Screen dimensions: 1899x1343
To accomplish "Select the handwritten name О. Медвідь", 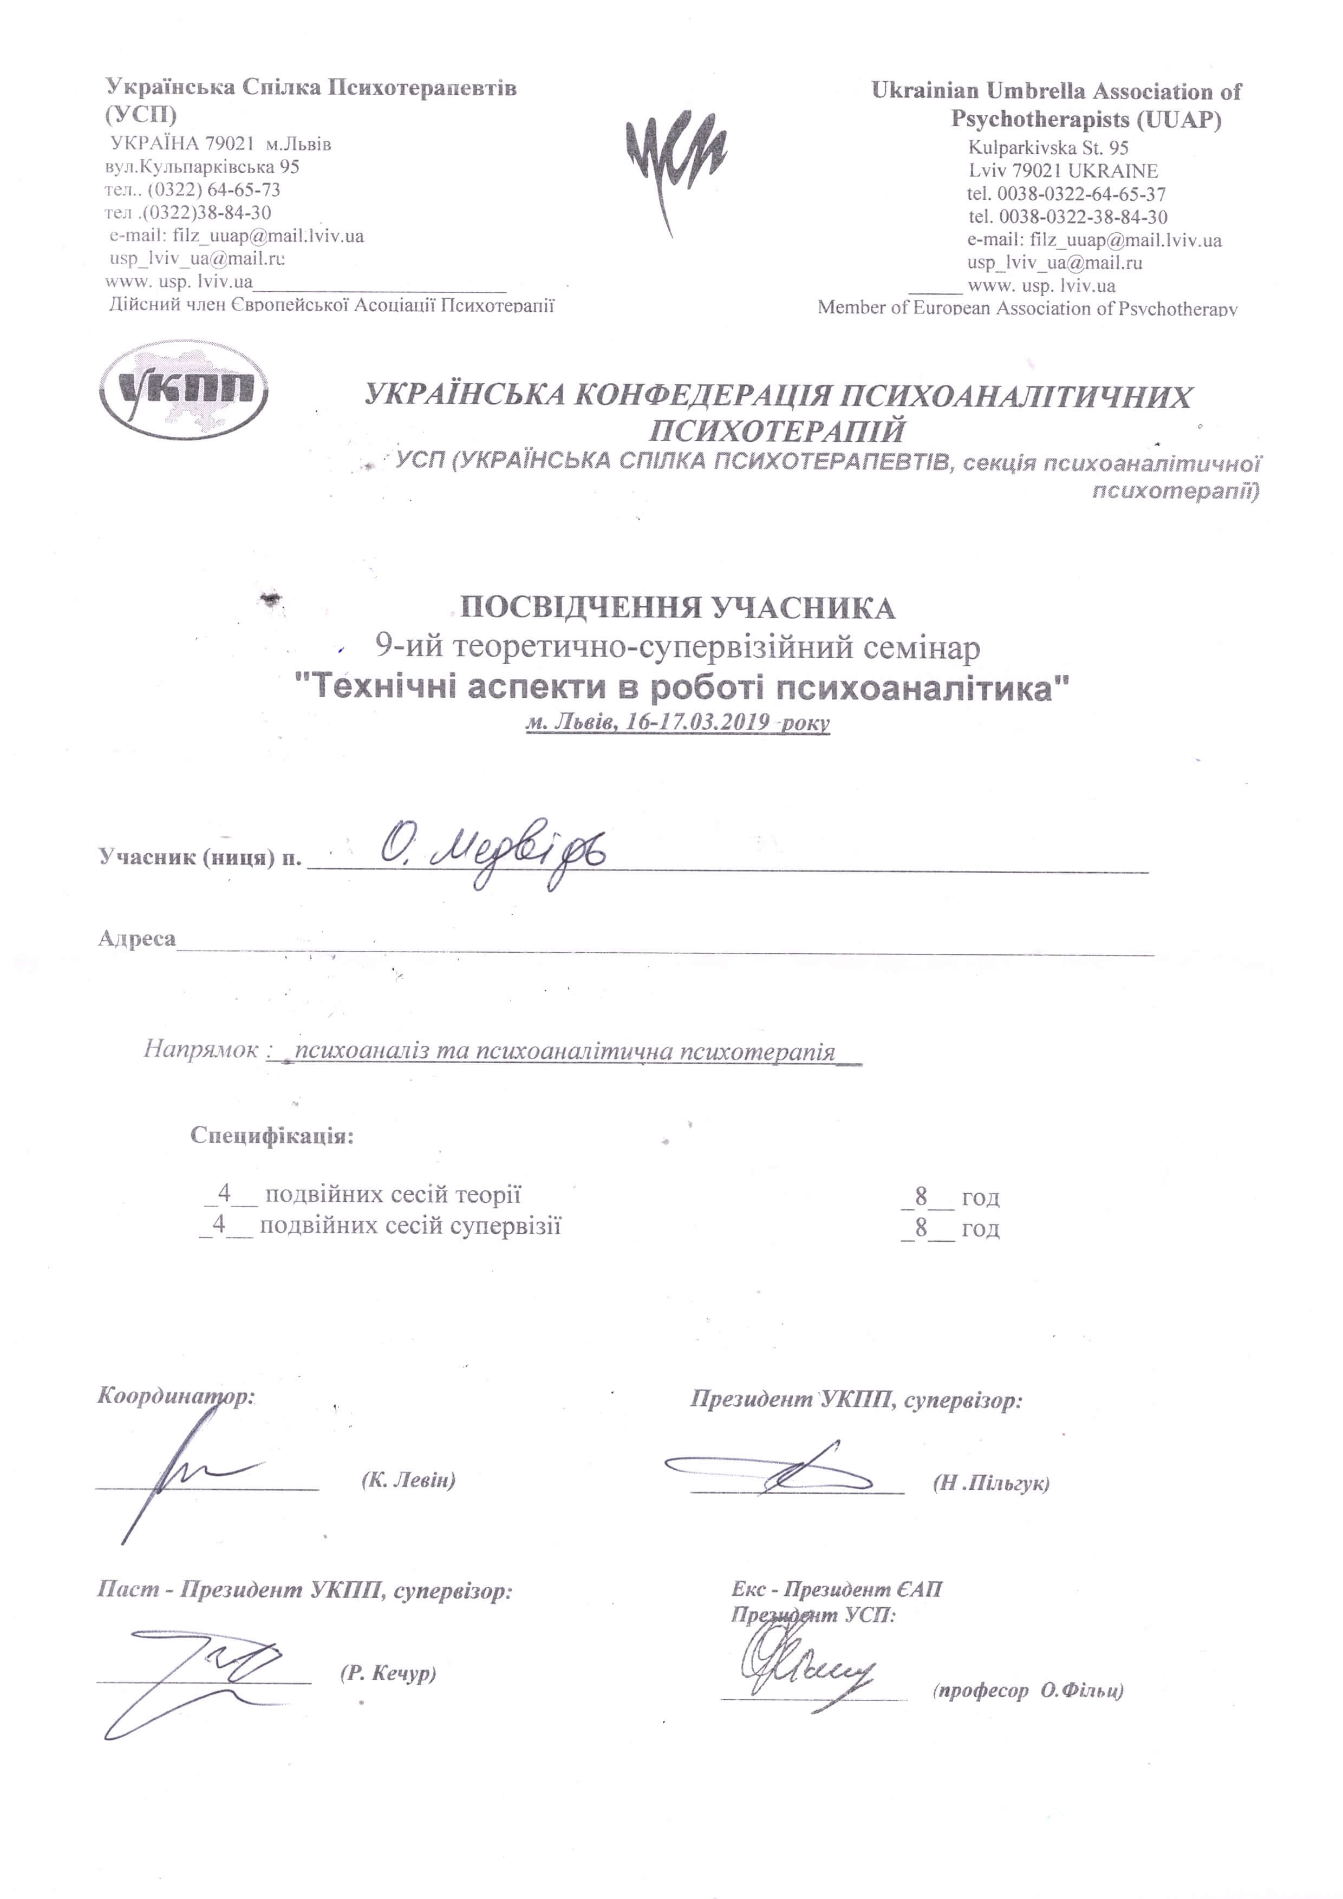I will click(x=493, y=854).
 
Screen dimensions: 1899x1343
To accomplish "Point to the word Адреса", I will click(x=136, y=938).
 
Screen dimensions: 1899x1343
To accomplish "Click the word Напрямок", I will click(x=201, y=1049).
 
